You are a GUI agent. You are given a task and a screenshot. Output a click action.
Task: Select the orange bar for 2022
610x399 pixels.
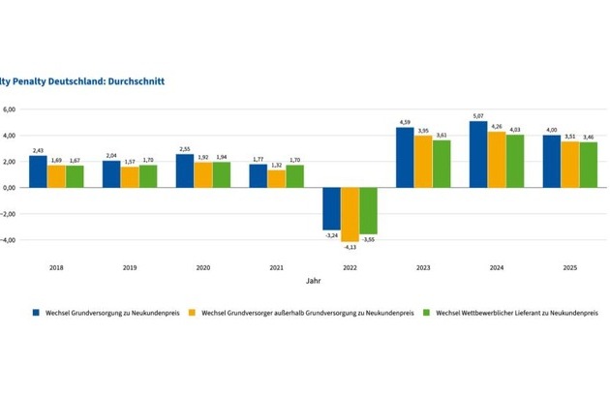click(350, 214)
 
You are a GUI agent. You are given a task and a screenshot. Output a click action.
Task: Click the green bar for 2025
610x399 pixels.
click(588, 165)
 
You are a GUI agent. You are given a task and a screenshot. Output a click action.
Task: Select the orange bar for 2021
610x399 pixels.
click(276, 178)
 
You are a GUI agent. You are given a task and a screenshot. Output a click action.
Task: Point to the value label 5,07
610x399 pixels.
click(478, 116)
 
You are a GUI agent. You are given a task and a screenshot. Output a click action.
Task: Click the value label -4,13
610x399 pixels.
click(350, 248)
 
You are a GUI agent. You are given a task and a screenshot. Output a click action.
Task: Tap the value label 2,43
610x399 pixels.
click(38, 150)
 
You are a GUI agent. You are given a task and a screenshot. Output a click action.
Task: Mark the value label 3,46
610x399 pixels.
click(588, 138)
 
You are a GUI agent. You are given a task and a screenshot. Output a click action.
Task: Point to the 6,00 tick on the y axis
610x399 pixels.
click(9, 109)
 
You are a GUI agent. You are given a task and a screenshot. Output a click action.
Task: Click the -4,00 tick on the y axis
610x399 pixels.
click(8, 240)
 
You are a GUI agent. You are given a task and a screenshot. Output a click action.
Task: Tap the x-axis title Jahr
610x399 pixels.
click(313, 282)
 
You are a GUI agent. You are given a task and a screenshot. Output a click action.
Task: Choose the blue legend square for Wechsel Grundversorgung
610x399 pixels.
click(36, 313)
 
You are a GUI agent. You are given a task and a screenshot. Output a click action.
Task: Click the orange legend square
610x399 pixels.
click(194, 313)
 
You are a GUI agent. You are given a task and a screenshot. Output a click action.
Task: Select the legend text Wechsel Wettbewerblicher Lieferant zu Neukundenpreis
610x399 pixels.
click(517, 313)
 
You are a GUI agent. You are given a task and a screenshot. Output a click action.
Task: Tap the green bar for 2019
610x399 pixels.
click(148, 176)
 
